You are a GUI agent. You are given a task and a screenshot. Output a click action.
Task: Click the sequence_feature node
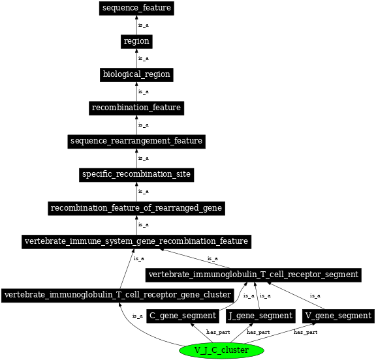pyautogui.click(x=136, y=8)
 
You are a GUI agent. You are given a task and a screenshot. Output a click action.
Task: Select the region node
pyautogui.click(x=136, y=41)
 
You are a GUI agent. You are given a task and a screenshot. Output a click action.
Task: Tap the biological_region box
pyautogui.click(x=136, y=74)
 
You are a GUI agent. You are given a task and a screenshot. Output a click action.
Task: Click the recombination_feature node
pyautogui.click(x=136, y=107)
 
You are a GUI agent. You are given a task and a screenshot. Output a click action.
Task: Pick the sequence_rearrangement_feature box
pyautogui.click(x=136, y=141)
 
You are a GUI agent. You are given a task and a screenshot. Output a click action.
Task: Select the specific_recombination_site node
pyautogui.click(x=136, y=174)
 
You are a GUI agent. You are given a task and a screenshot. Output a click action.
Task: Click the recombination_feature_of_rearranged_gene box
pyautogui.click(x=136, y=208)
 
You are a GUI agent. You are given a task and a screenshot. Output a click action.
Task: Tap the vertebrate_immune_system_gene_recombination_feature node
pyautogui.click(x=136, y=241)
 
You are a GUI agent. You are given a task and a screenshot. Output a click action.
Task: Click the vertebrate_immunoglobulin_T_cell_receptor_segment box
pyautogui.click(x=253, y=274)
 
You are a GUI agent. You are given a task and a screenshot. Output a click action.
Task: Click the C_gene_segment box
pyautogui.click(x=183, y=316)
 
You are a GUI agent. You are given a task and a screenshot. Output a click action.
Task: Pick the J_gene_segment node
pyautogui.click(x=260, y=316)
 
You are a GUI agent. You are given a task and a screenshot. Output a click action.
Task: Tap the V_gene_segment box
pyautogui.click(x=338, y=316)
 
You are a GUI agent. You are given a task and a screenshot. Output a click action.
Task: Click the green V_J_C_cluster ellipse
pyautogui.click(x=221, y=350)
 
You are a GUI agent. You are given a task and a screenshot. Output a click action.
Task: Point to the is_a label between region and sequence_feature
pyautogui.click(x=144, y=25)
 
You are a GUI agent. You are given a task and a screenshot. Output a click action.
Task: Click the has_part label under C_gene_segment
pyautogui.click(x=217, y=332)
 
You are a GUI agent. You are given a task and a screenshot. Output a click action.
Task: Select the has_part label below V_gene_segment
pyautogui.click(x=305, y=332)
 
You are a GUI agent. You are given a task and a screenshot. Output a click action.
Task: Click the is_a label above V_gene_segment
pyautogui.click(x=315, y=295)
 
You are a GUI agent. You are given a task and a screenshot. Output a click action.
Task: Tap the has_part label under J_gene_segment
pyautogui.click(x=258, y=332)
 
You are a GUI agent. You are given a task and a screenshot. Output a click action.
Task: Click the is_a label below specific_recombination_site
pyautogui.click(x=144, y=191)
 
